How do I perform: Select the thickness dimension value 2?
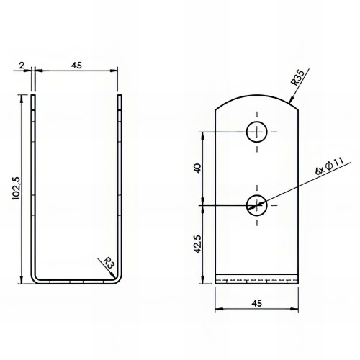(x=22, y=65)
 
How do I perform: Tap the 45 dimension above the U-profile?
(x=76, y=65)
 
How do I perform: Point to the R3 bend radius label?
(x=109, y=263)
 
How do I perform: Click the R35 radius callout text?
(x=297, y=78)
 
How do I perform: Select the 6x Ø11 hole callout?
(x=330, y=166)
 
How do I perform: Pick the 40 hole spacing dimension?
(x=198, y=168)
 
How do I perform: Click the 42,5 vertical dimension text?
(x=198, y=244)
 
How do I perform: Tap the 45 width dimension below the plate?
(x=257, y=303)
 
